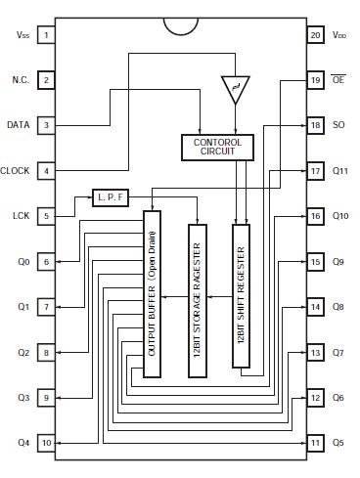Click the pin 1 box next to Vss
pos(46,35)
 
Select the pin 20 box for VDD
pos(314,35)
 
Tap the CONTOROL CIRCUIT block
pos(216,146)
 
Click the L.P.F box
pos(111,196)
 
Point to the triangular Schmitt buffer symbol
pos(233,90)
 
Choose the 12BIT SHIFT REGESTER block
pos(242,296)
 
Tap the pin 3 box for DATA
pos(46,125)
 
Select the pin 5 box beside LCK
pos(46,216)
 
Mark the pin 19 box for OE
pos(314,80)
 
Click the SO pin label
pos(339,126)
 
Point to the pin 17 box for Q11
pos(314,171)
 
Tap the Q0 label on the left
pos(22,262)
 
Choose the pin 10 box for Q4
pos(46,443)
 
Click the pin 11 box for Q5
pos(314,443)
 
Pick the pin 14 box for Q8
pos(314,307)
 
